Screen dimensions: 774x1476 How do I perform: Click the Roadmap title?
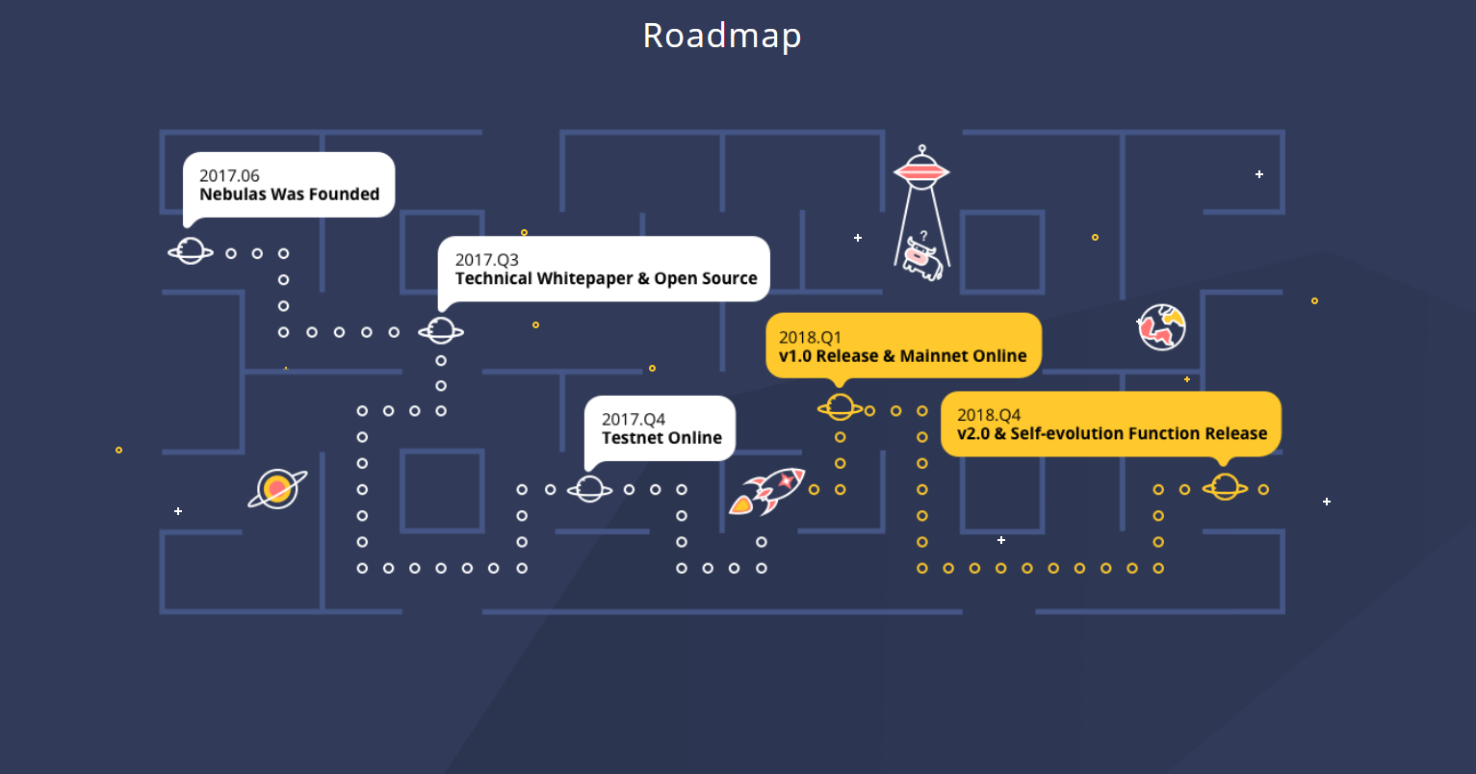[722, 36]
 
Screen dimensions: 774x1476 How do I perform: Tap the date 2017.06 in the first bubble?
[229, 175]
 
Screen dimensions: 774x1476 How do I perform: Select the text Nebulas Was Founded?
[289, 194]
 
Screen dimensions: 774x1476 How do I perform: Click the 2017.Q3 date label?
[486, 260]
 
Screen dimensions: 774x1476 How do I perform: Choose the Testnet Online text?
[661, 438]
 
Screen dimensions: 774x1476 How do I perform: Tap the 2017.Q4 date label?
[633, 420]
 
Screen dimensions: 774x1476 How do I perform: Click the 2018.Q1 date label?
[810, 338]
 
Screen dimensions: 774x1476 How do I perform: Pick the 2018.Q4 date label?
[989, 415]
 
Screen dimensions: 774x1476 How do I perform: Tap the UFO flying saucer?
[921, 169]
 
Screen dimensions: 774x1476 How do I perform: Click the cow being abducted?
[920, 260]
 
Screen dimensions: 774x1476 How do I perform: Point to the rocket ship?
[767, 490]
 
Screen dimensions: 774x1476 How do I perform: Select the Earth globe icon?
[1162, 327]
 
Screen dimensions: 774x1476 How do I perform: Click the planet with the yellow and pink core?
[277, 489]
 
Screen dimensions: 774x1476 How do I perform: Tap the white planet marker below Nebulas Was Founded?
[191, 252]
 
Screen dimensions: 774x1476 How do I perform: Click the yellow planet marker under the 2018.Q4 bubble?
[1225, 487]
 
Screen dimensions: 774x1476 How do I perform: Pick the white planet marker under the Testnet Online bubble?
[589, 489]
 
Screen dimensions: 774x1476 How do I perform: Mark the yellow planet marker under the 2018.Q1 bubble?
[840, 408]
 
